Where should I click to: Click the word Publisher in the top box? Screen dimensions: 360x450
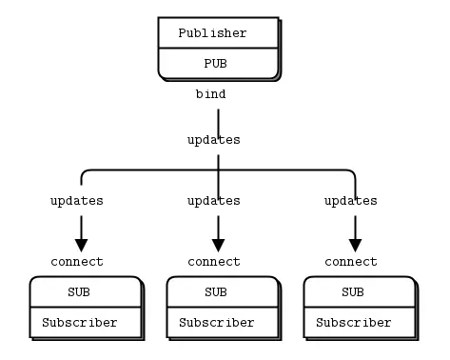click(212, 33)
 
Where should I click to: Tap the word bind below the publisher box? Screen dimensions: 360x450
click(210, 94)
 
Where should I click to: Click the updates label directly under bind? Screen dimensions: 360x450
click(213, 140)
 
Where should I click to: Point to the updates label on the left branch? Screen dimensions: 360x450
click(76, 201)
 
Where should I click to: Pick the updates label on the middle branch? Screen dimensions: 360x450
click(213, 201)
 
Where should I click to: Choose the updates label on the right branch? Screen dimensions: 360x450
click(350, 201)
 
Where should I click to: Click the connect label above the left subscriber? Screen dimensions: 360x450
click(76, 262)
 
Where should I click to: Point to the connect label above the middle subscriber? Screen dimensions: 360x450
click(213, 262)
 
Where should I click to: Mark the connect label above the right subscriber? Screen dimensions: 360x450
click(350, 262)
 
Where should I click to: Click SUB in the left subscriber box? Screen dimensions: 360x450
click(79, 291)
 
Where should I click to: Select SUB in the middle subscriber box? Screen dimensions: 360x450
click(216, 291)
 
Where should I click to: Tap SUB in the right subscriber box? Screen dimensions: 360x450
click(353, 291)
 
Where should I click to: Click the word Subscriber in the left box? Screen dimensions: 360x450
click(80, 323)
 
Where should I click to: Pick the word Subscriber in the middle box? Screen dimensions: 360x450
click(217, 323)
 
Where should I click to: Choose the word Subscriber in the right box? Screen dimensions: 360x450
click(354, 323)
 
